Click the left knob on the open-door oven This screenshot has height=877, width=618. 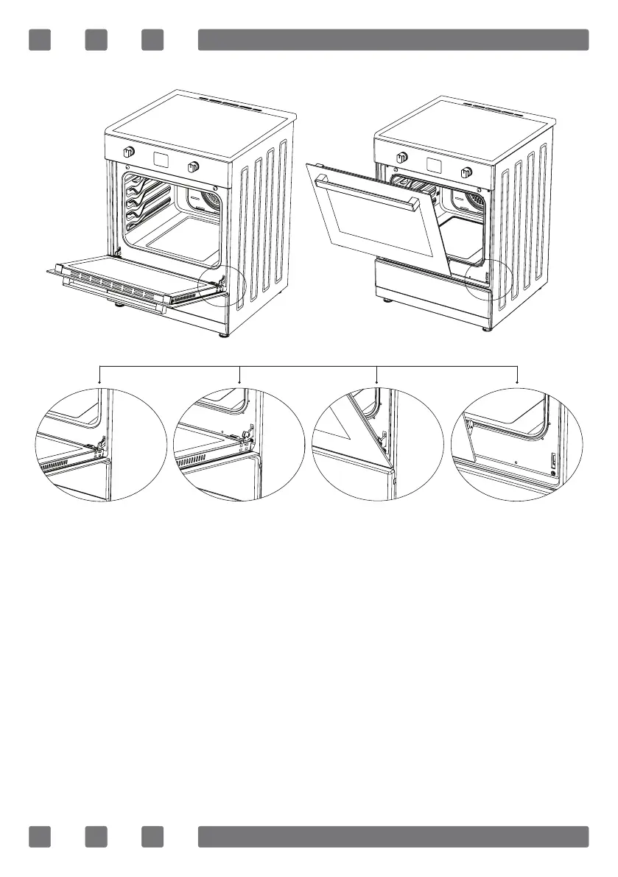click(x=129, y=152)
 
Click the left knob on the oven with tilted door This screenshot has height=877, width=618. click(x=402, y=157)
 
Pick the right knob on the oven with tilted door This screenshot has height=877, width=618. click(x=466, y=172)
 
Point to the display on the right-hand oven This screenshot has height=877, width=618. click(x=433, y=164)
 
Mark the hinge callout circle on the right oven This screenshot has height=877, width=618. click(x=488, y=278)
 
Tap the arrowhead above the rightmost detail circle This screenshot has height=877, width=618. click(x=518, y=383)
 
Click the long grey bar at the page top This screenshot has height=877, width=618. click(x=393, y=40)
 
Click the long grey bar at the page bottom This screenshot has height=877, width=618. click(x=393, y=837)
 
